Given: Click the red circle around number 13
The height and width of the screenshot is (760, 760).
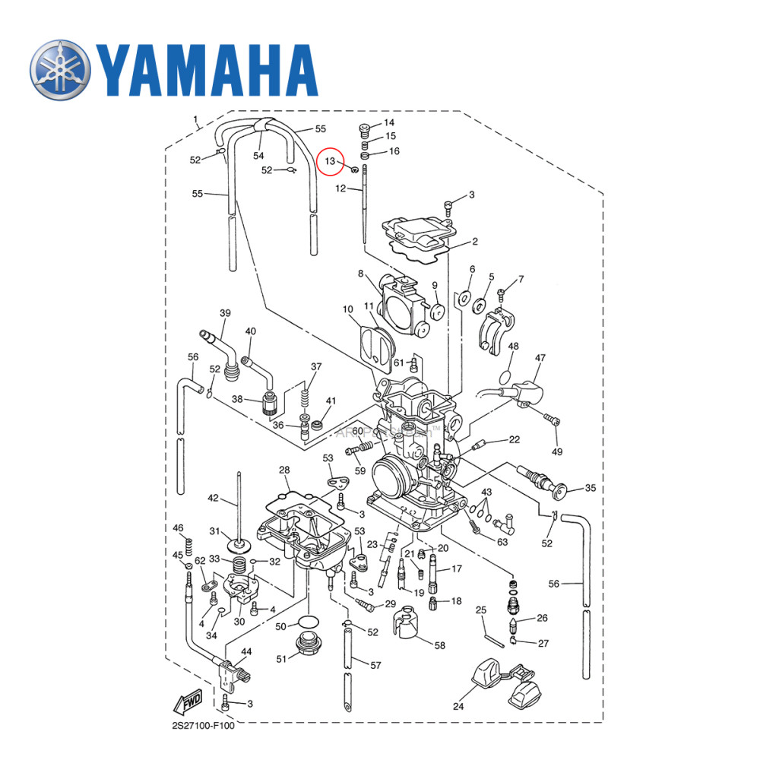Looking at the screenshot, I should click(331, 161).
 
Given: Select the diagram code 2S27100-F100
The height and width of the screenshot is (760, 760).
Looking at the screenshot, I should click(203, 725).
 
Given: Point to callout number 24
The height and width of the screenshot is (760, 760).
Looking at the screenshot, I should click(458, 706).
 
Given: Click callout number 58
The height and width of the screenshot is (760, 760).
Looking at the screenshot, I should click(439, 645).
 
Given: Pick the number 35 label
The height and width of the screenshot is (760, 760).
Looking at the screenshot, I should click(590, 488).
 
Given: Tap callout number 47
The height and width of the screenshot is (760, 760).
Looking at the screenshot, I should click(540, 357).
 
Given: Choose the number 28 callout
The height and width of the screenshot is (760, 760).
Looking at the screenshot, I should click(284, 470).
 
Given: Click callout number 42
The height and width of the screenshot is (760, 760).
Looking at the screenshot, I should click(213, 499).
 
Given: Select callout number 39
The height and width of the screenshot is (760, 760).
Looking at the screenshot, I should click(225, 313).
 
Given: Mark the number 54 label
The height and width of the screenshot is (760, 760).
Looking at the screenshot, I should click(258, 156).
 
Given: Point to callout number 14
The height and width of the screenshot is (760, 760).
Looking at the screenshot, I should click(389, 122).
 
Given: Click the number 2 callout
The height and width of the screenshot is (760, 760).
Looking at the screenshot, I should click(475, 242).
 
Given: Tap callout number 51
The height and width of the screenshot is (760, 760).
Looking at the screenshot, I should click(282, 658).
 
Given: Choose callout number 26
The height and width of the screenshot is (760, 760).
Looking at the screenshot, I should click(542, 618).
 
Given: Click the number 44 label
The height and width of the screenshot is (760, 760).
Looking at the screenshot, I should click(246, 652).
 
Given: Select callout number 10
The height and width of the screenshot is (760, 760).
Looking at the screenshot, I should click(348, 309).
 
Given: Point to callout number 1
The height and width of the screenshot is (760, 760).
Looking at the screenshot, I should click(195, 119).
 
